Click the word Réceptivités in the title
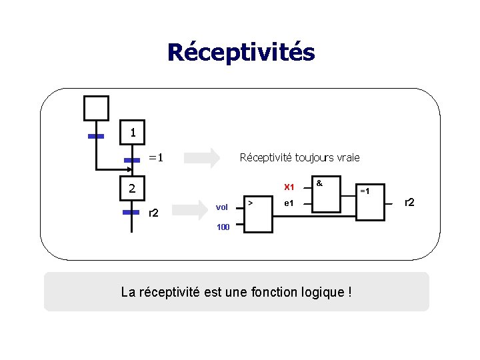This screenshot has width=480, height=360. (241, 52)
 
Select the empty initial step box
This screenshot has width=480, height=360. (95, 107)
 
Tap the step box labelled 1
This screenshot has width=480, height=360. (133, 133)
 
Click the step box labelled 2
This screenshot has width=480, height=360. (133, 189)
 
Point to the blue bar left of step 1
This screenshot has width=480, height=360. (96, 136)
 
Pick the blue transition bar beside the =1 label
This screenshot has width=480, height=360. (131, 160)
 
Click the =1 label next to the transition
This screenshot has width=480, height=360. (155, 158)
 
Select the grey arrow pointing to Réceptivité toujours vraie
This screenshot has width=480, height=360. (201, 158)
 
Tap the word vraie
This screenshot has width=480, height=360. (345, 158)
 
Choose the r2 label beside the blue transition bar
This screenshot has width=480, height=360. (153, 213)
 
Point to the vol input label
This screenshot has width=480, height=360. (222, 208)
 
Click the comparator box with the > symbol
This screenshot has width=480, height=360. (257, 213)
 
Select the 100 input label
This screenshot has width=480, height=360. (223, 227)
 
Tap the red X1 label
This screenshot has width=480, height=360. (289, 187)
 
